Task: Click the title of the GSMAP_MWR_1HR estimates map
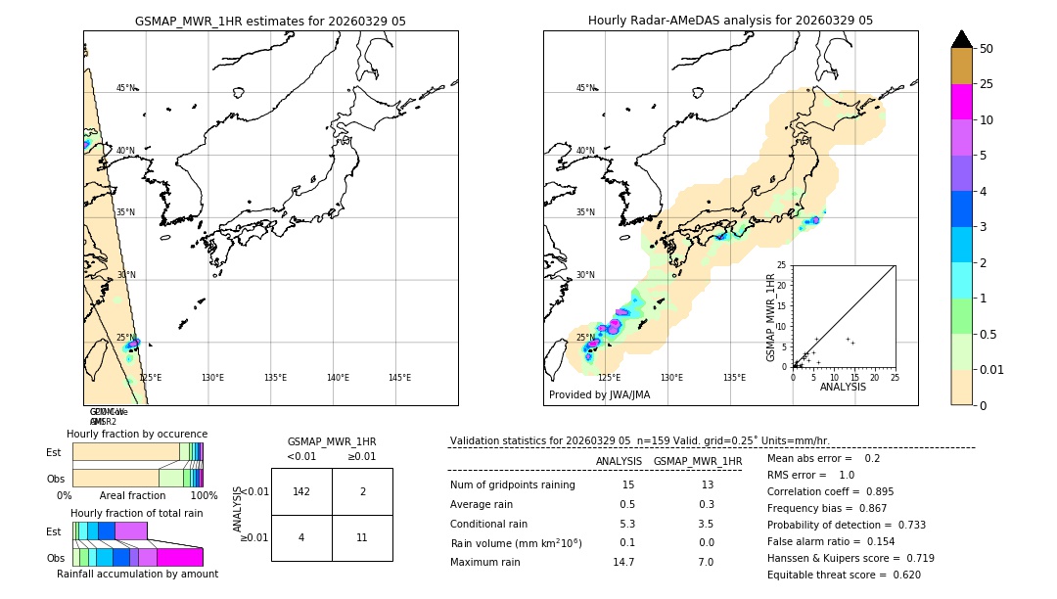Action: (270, 21)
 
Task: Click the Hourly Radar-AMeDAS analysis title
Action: (730, 21)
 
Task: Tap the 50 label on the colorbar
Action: (987, 49)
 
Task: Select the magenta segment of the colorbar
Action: (962, 102)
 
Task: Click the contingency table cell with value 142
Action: (301, 491)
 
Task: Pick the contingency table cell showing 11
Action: (362, 538)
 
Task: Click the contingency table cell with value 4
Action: (301, 538)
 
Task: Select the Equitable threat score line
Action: (844, 575)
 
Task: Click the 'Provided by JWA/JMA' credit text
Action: (599, 394)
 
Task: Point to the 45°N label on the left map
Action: (126, 88)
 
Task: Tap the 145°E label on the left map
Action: (399, 378)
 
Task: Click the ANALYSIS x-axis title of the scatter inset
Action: (843, 387)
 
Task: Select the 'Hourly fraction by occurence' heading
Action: (137, 434)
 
